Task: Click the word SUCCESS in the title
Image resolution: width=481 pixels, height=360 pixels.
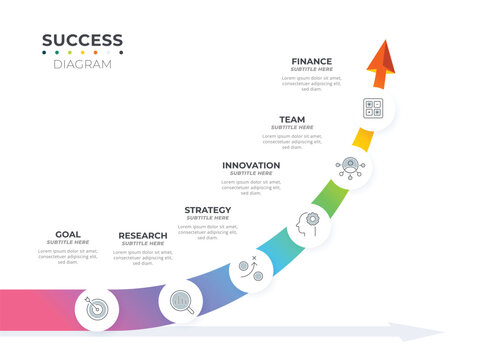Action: coord(82,41)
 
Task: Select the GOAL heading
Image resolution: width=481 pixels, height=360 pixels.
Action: coord(68,234)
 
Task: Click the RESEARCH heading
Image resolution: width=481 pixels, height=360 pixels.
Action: coord(143,235)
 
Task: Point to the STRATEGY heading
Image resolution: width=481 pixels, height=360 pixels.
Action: coord(207,210)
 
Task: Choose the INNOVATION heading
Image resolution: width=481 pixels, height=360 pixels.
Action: coord(251,165)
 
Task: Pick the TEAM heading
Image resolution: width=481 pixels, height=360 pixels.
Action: coord(292,119)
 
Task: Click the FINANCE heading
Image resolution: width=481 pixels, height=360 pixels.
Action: coord(312,61)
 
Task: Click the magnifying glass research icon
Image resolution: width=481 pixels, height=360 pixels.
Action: coord(181,300)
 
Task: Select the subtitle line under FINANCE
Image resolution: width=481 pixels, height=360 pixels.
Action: coord(312,70)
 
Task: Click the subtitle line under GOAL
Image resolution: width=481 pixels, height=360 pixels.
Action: coord(68,242)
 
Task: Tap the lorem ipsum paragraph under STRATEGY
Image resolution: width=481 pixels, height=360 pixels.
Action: coord(208,231)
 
